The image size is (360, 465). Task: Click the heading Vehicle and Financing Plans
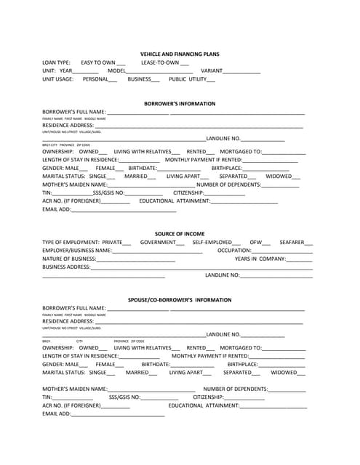180,54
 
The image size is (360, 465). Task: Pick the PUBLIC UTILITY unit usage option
188,79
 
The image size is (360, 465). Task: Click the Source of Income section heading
180,234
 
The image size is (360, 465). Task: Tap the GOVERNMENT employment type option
158,242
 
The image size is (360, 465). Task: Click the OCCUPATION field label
234,250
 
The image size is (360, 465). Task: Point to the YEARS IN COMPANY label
260,259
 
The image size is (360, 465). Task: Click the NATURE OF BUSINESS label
69,259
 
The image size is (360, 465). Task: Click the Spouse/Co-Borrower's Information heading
180,299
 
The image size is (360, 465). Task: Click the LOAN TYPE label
57,63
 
